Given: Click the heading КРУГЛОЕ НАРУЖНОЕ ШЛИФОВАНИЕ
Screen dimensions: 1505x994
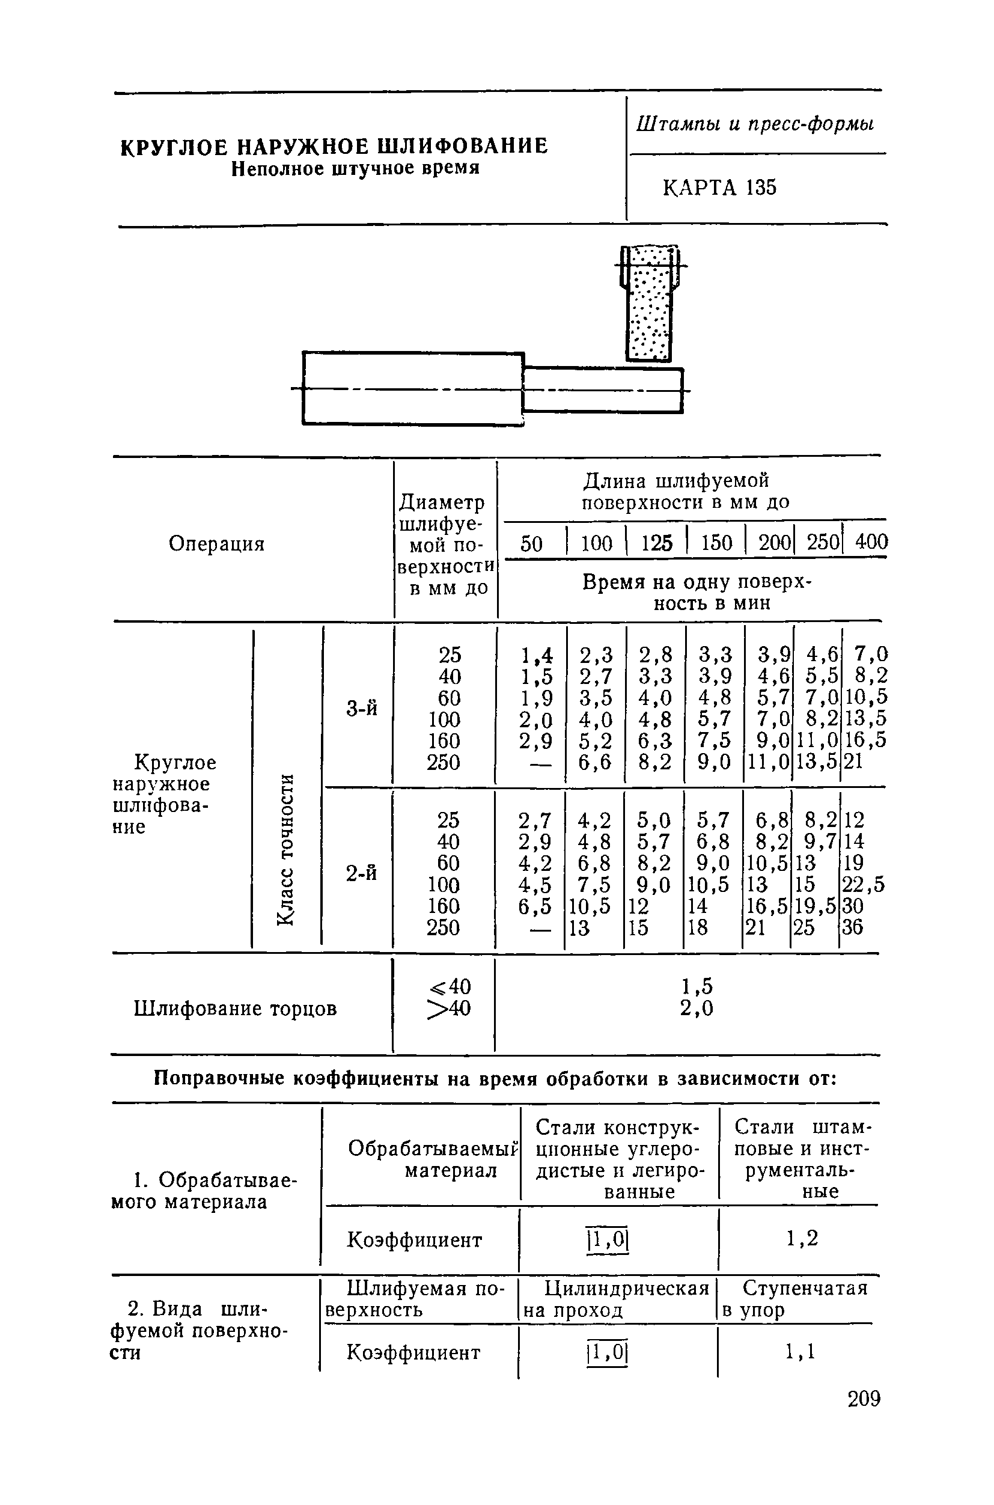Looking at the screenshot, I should [334, 147].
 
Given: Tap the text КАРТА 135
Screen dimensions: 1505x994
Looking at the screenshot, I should [719, 188].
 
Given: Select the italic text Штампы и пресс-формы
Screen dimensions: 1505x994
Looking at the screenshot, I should [755, 124].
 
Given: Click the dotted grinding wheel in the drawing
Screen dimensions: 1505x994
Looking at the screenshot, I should [648, 304].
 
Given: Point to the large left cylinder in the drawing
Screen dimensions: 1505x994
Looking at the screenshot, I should [413, 388].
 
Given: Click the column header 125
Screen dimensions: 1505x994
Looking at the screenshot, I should [656, 543].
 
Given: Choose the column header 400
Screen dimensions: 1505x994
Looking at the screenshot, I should [871, 542].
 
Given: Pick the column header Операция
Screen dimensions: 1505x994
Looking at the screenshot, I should [216, 543].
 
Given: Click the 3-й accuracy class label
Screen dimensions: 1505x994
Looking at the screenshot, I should [361, 708].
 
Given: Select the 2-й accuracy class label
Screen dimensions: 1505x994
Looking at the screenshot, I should [361, 873].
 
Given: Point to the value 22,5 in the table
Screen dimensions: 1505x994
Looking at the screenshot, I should [863, 884].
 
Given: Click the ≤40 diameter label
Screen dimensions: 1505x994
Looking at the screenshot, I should [450, 986].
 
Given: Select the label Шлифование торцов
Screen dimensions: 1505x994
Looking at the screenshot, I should [235, 1008].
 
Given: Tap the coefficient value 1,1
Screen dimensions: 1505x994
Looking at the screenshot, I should [800, 1353].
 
